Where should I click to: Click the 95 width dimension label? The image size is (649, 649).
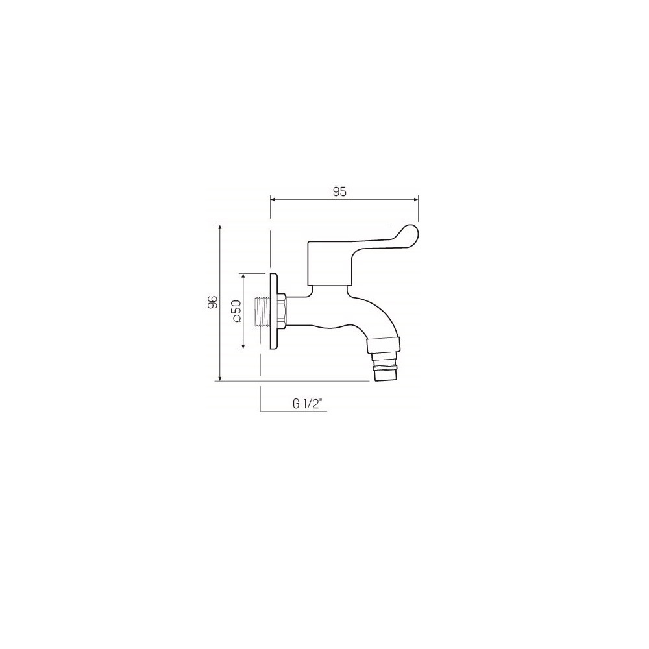point(339,191)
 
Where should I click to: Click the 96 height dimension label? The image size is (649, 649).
point(213,302)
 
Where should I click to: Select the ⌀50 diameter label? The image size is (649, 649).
point(237,311)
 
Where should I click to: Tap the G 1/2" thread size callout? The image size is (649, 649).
point(307,404)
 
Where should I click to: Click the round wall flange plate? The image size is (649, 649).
point(274,311)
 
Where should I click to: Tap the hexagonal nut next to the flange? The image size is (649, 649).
point(282,312)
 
